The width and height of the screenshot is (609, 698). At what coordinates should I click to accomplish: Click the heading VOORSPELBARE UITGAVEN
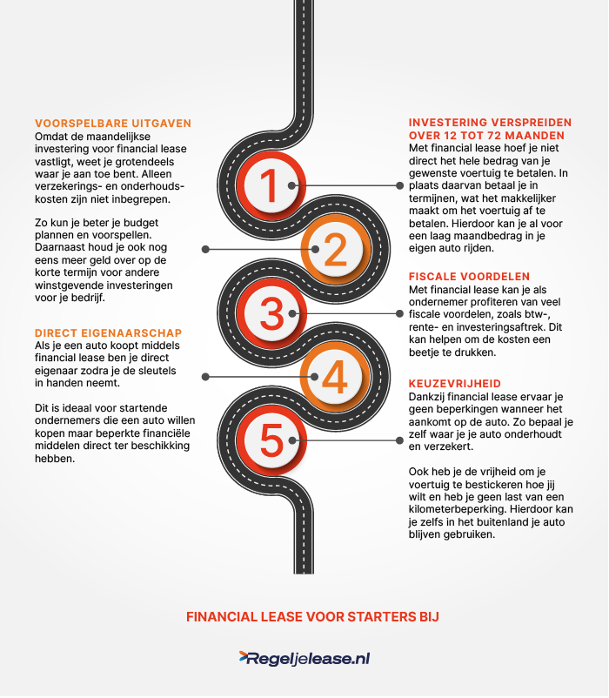[113, 124]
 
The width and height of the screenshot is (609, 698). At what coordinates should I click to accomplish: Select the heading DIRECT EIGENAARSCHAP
[109, 332]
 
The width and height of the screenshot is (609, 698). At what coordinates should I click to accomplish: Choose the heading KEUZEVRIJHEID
[454, 383]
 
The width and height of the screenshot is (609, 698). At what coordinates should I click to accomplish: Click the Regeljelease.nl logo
[304, 659]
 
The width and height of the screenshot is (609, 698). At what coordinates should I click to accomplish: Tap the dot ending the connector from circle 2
[205, 249]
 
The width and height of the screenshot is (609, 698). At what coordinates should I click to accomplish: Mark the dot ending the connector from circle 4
[205, 376]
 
